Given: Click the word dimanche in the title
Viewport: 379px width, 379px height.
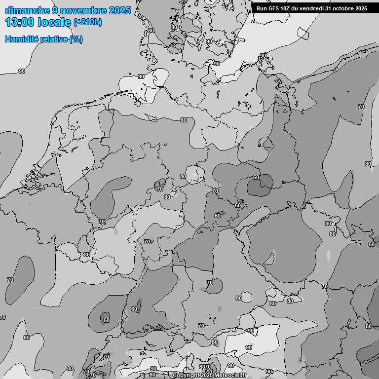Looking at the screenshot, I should tap(27, 10).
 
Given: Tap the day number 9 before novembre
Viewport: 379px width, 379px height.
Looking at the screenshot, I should tap(55, 10).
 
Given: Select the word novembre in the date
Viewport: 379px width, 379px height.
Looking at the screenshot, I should tap(83, 10).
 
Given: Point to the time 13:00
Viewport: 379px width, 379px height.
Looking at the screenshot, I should tap(20, 22).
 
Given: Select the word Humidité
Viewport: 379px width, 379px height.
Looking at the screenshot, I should tap(21, 39).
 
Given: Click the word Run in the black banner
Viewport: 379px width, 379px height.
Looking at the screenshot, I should tap(262, 8).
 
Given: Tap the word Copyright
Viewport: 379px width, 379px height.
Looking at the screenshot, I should tap(186, 376).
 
